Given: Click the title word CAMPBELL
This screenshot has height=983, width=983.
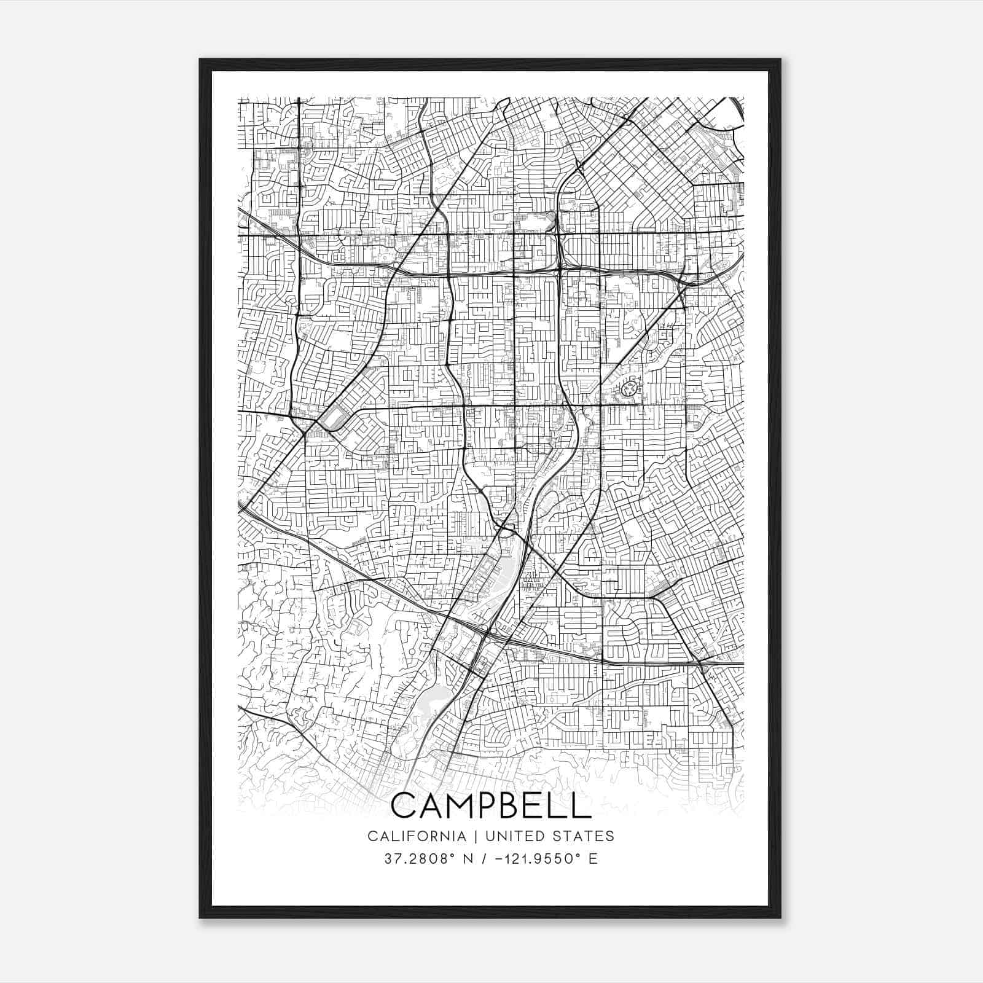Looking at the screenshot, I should (490, 805).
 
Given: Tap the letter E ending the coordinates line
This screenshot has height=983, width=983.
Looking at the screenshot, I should (593, 859).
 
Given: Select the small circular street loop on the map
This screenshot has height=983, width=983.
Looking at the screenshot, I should (629, 388).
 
